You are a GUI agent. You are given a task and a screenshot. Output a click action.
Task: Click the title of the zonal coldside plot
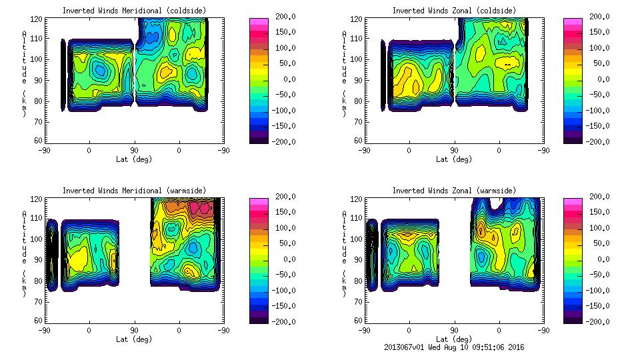click(x=454, y=11)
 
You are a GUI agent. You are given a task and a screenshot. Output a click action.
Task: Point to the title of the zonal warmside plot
click(x=454, y=191)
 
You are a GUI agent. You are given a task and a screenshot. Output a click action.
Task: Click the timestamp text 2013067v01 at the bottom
click(x=407, y=347)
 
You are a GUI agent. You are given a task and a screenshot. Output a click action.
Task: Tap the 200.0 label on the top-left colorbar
click(x=283, y=17)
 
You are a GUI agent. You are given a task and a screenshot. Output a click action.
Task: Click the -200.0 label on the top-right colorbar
click(x=598, y=141)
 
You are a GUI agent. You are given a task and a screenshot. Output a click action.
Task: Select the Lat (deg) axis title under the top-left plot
click(x=134, y=159)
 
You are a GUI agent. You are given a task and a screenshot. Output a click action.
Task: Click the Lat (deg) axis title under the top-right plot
click(x=454, y=159)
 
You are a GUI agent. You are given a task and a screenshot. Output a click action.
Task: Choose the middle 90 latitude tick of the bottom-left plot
click(x=134, y=330)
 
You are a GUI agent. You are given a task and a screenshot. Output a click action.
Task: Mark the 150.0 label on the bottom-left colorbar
click(x=283, y=212)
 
